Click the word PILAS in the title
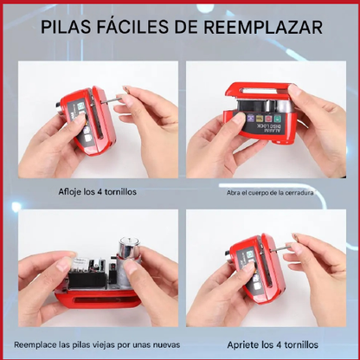(70, 27)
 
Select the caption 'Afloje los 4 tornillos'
(97, 191)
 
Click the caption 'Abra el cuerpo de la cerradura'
(270, 192)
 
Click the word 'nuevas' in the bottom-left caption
(163, 343)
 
